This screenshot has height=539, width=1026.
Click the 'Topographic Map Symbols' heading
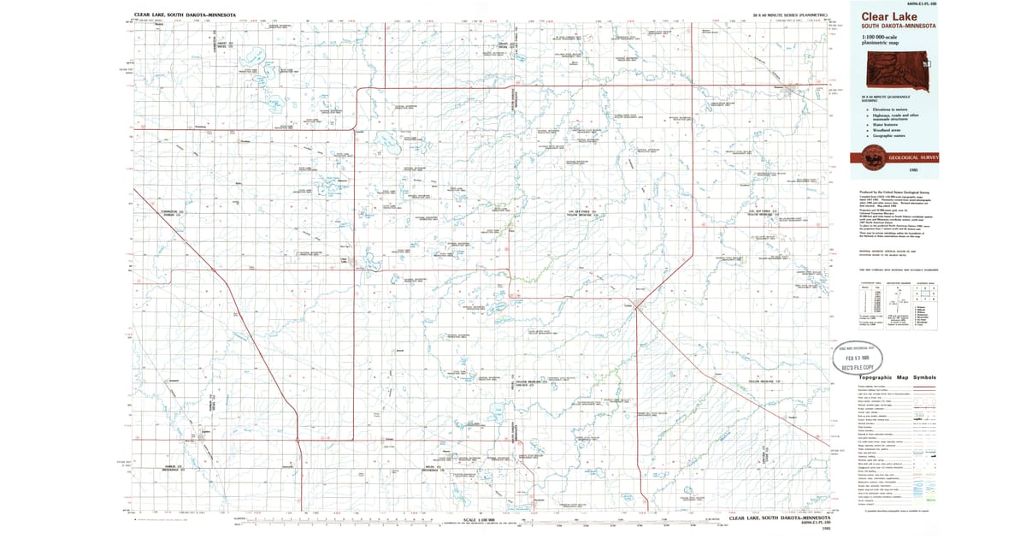click(x=897, y=377)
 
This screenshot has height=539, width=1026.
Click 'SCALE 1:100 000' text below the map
click(x=480, y=519)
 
